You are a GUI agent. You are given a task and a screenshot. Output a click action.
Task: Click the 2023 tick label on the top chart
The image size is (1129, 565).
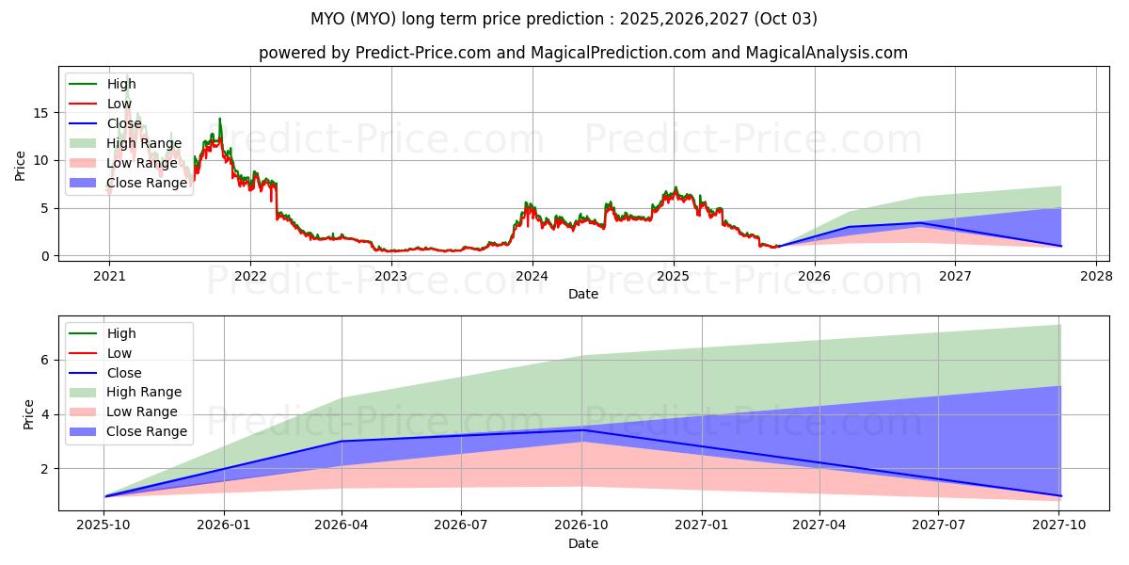coord(390,276)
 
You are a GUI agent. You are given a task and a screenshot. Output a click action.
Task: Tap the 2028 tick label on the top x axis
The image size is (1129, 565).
coord(1096,276)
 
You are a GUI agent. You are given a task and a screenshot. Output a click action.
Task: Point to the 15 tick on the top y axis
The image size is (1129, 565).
coord(39,112)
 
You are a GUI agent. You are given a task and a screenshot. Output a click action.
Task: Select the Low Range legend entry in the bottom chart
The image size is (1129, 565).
coord(141,412)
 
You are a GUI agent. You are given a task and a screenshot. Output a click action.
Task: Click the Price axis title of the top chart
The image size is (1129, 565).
coord(20,166)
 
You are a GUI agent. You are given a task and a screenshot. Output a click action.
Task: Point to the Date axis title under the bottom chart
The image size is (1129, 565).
coord(583,543)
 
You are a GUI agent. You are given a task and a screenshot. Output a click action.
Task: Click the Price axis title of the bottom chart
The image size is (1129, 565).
coord(28,415)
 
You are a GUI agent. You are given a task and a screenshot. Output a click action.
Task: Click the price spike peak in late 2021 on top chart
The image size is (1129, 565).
coord(220,119)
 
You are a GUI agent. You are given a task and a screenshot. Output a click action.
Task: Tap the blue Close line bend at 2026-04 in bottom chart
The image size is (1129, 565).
coord(342,441)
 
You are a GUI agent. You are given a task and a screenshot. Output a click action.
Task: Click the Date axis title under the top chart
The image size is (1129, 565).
coord(583,294)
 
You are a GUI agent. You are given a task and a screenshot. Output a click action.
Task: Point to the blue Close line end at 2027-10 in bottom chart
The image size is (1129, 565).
coord(1060,495)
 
